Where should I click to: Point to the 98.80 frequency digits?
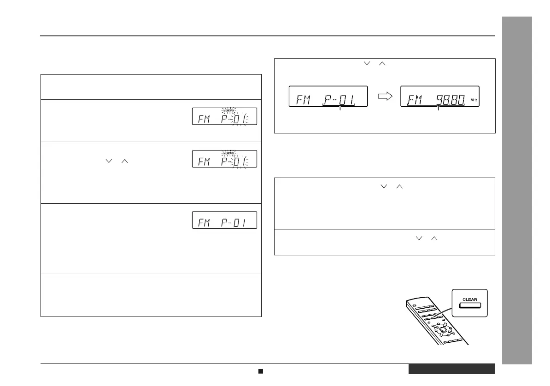click(449, 98)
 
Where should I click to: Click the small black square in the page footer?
click(260, 371)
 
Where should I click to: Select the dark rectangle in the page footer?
click(451, 369)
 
